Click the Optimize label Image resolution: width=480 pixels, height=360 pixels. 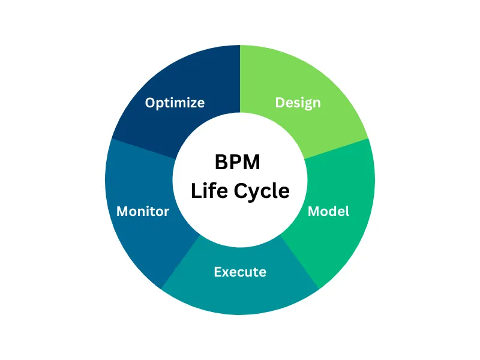(x=175, y=103)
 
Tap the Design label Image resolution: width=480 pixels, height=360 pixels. (x=298, y=103)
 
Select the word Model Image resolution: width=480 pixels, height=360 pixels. (x=328, y=211)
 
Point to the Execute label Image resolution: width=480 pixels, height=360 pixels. (x=240, y=272)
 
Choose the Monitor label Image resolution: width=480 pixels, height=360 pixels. (x=143, y=211)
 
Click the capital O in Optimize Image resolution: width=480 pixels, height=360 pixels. (x=151, y=103)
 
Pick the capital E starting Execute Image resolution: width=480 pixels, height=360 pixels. (x=218, y=272)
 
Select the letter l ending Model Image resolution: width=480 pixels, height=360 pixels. (x=347, y=211)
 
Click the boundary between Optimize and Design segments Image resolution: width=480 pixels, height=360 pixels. (x=240, y=78)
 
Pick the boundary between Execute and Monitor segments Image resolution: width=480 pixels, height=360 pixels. (x=181, y=262)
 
